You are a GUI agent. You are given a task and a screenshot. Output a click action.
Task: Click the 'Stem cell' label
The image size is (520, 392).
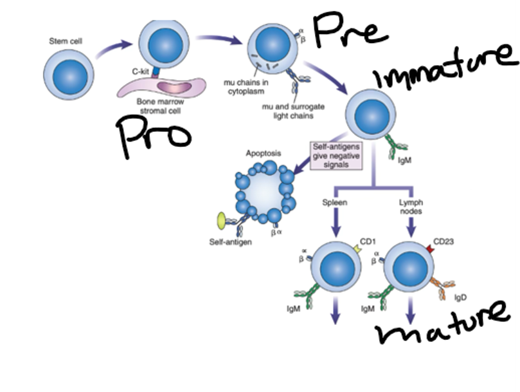[x=66, y=41]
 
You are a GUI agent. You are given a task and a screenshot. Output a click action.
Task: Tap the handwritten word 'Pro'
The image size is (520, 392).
[x=153, y=136]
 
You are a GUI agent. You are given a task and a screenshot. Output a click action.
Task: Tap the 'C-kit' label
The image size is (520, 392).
[x=140, y=71]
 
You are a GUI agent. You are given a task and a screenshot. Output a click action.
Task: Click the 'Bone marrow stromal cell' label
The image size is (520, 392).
[x=160, y=106]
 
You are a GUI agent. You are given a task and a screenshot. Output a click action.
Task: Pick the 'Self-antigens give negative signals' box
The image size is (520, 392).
[x=336, y=156]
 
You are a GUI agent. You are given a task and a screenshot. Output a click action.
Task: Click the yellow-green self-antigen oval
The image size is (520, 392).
[x=221, y=221]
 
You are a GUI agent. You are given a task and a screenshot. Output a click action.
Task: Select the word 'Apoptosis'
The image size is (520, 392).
[x=264, y=153]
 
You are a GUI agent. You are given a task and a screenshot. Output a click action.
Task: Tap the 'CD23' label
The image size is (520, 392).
[x=444, y=241]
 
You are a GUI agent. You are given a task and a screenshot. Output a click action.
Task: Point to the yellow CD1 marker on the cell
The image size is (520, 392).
[x=357, y=248]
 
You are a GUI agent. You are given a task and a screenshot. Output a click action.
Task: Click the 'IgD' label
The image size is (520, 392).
[x=460, y=297]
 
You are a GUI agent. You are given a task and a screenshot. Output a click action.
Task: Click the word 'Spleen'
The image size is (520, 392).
[x=335, y=202]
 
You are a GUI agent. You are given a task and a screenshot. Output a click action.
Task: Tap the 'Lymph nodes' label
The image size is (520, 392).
[x=411, y=207]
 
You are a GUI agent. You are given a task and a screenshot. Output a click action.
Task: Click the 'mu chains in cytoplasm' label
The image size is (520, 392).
[x=246, y=87]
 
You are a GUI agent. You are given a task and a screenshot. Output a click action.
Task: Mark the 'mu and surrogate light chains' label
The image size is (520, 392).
[x=293, y=111]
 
